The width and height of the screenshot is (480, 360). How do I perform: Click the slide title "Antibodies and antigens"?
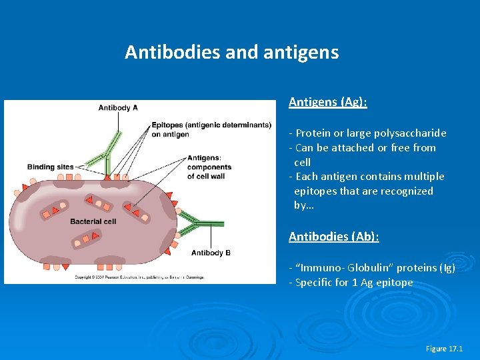[x=231, y=52]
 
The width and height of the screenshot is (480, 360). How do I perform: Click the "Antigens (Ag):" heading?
[x=327, y=102]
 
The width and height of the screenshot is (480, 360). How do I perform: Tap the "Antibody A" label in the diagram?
[x=118, y=108]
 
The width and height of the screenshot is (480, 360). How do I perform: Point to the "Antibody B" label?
[x=211, y=253]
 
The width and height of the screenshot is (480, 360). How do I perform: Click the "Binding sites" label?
[x=50, y=167]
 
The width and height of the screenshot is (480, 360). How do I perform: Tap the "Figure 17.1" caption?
[x=444, y=349]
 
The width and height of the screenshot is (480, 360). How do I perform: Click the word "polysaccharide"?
[x=411, y=133]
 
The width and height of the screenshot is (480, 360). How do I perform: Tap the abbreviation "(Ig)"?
[x=447, y=268]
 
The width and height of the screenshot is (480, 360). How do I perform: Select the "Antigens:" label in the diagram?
[x=204, y=158]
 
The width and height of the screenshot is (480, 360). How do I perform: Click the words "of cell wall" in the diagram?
[x=207, y=176]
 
